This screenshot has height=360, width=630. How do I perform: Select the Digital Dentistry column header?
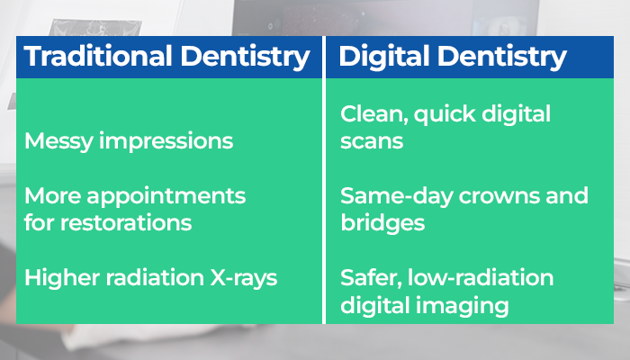tap(452, 58)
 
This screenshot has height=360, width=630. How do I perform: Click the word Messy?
tap(56, 141)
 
